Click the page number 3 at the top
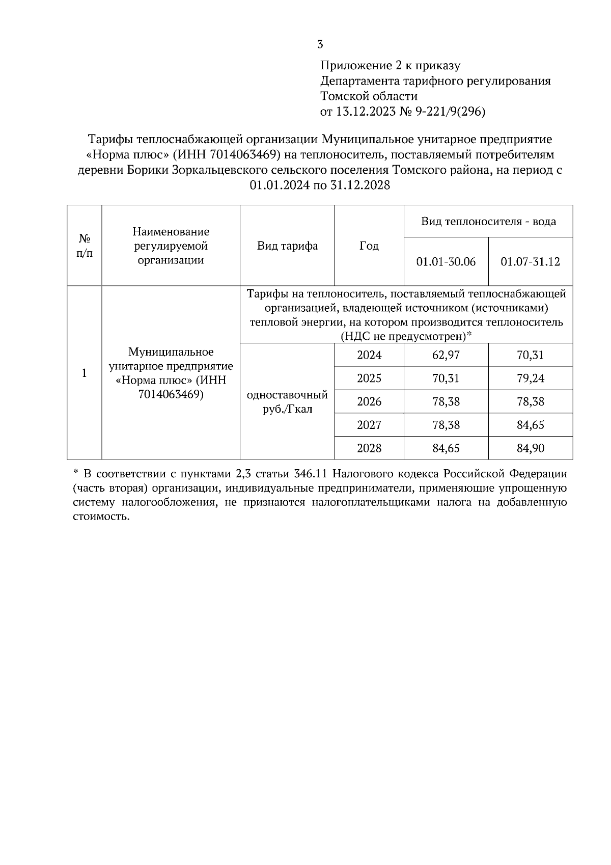click(320, 45)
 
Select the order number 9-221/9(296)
click(451, 112)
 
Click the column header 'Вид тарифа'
click(287, 246)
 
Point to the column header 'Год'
click(369, 246)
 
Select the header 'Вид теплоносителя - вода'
click(488, 222)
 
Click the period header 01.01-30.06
click(446, 262)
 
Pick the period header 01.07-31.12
click(530, 262)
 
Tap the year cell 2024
click(369, 355)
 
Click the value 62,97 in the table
click(446, 355)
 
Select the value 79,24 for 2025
click(530, 379)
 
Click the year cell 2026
click(369, 402)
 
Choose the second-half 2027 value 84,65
click(530, 425)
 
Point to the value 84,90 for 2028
click(530, 448)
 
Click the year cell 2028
click(369, 448)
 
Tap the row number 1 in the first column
click(85, 373)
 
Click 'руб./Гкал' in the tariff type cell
click(287, 410)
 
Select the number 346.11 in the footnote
click(310, 474)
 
